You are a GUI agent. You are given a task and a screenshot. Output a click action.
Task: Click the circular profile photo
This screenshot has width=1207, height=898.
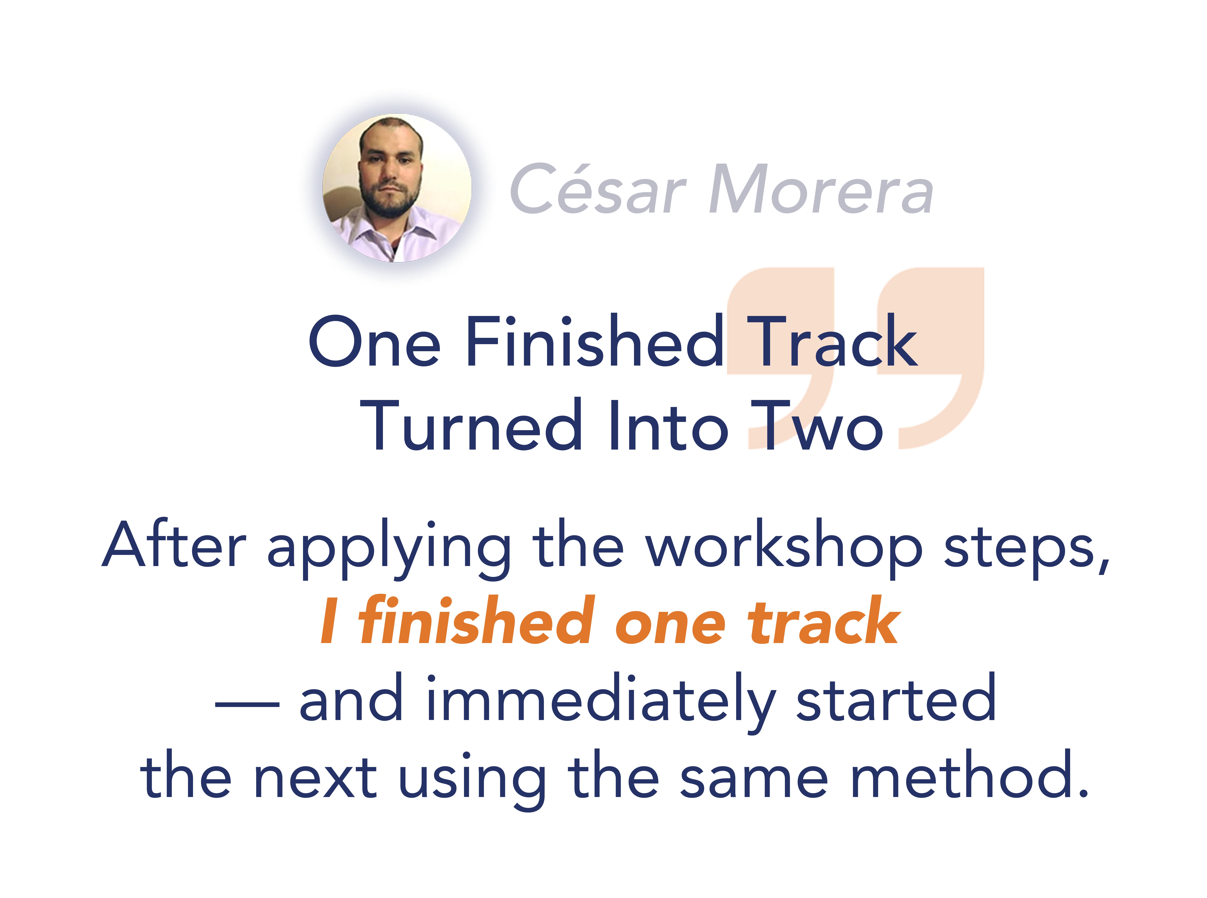pos(397,188)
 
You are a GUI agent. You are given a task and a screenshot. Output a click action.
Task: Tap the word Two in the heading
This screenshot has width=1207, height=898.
pos(817,425)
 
